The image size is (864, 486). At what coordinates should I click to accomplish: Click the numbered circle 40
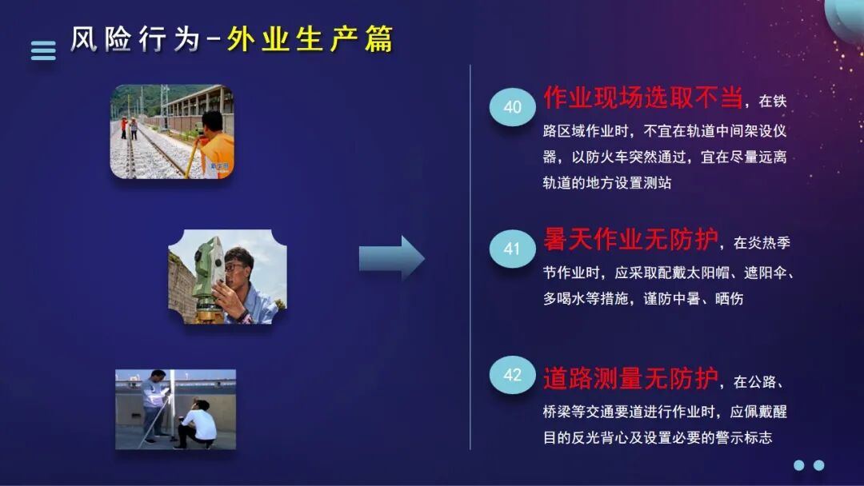512,107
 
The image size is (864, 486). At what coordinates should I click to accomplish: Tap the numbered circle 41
512,249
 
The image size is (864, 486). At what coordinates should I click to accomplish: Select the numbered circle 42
512,375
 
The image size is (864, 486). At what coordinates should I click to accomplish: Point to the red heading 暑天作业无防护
631,239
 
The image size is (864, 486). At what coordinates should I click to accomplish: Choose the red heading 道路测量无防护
631,377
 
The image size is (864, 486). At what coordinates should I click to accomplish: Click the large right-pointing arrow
391,257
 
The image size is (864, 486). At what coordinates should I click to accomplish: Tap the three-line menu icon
43,50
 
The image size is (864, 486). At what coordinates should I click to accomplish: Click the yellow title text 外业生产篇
310,39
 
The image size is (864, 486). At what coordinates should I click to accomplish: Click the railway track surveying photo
171,131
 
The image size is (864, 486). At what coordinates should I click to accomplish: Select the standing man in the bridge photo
155,404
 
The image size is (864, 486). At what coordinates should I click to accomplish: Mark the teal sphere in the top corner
846,14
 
